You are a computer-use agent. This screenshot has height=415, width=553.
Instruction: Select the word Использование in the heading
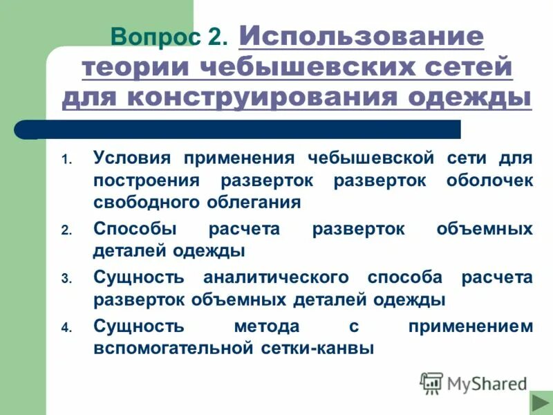coord(361,36)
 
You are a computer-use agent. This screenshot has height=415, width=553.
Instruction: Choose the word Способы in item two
coord(135,228)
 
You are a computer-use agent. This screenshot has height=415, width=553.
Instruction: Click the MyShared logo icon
coord(432,382)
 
